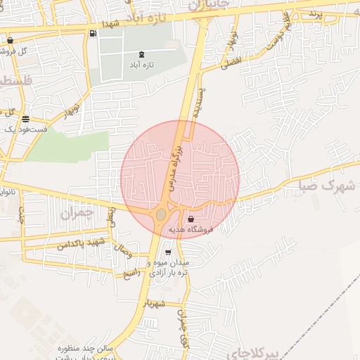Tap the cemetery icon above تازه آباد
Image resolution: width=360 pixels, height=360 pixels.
click(143, 54)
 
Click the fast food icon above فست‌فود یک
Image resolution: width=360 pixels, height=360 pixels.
click(26, 119)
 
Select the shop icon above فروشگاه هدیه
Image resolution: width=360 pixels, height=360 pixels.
click(191, 219)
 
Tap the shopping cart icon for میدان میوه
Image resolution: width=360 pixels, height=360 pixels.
click(167, 252)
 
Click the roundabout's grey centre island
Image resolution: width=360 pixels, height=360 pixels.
click(162, 214)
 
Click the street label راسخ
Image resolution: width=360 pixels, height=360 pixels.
click(131, 272)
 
